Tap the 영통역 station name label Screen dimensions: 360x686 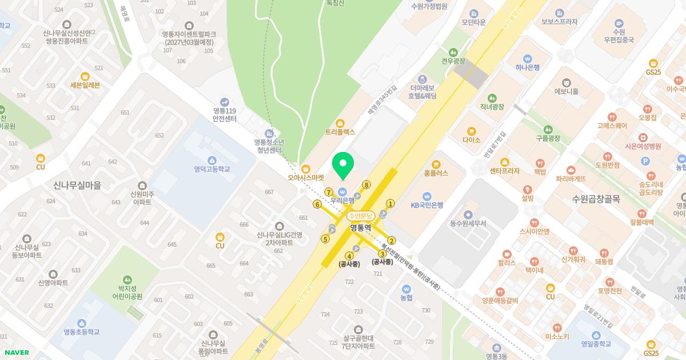[x=360, y=227]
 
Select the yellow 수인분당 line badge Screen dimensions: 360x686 [x=360, y=216]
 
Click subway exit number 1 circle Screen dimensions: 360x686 [x=391, y=203]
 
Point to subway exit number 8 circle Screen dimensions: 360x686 [x=366, y=185]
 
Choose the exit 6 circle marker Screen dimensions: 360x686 [x=317, y=204]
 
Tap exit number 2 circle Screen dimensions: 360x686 [x=392, y=241]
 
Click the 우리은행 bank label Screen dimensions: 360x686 [x=343, y=201]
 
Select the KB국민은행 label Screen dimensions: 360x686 [x=427, y=205]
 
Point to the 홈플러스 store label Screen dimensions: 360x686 [x=436, y=173]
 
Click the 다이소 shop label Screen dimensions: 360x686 [x=472, y=139]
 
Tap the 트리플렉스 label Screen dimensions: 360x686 [x=340, y=131]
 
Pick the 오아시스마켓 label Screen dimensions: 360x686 [x=306, y=177]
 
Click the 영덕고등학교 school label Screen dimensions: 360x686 [x=212, y=169]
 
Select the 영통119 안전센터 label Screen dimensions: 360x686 [x=224, y=115]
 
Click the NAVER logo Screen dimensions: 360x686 [x=17, y=353]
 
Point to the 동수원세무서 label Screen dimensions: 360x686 [x=468, y=223]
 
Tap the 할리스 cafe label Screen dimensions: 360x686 [x=506, y=263]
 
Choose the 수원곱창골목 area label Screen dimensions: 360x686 [x=596, y=199]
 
